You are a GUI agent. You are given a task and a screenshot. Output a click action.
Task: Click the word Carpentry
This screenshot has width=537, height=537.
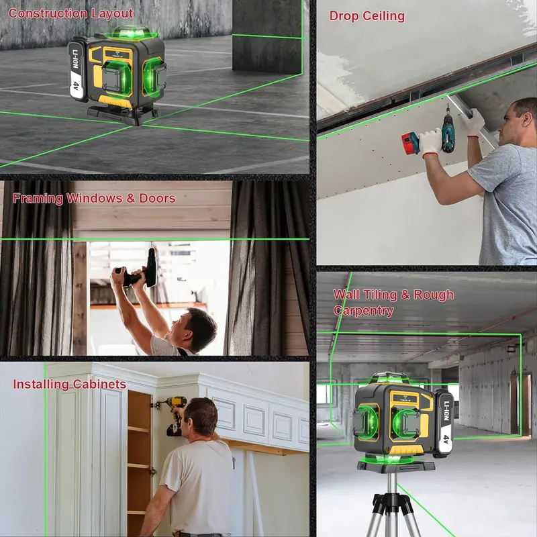click(363, 311)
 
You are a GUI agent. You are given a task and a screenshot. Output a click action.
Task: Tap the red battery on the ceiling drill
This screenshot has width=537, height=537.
click(411, 143)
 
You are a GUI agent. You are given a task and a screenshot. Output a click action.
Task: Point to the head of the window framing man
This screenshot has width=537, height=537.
click(196, 330)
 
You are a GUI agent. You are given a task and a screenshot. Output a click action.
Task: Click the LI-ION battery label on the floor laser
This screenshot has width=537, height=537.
click(77, 71)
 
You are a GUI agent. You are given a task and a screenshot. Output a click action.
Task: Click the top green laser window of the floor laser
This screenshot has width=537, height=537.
click(132, 33)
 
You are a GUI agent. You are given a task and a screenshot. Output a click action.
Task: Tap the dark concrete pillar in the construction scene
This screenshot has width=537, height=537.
click(267, 36)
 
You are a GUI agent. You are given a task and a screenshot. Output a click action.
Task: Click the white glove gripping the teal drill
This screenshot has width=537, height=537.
click(430, 143)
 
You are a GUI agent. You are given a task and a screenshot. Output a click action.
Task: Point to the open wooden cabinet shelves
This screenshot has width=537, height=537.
click(140, 459)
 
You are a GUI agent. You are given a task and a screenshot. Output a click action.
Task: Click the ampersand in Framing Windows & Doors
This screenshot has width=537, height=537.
click(130, 198)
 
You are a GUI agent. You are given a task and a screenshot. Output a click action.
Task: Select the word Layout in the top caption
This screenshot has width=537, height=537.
click(112, 14)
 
